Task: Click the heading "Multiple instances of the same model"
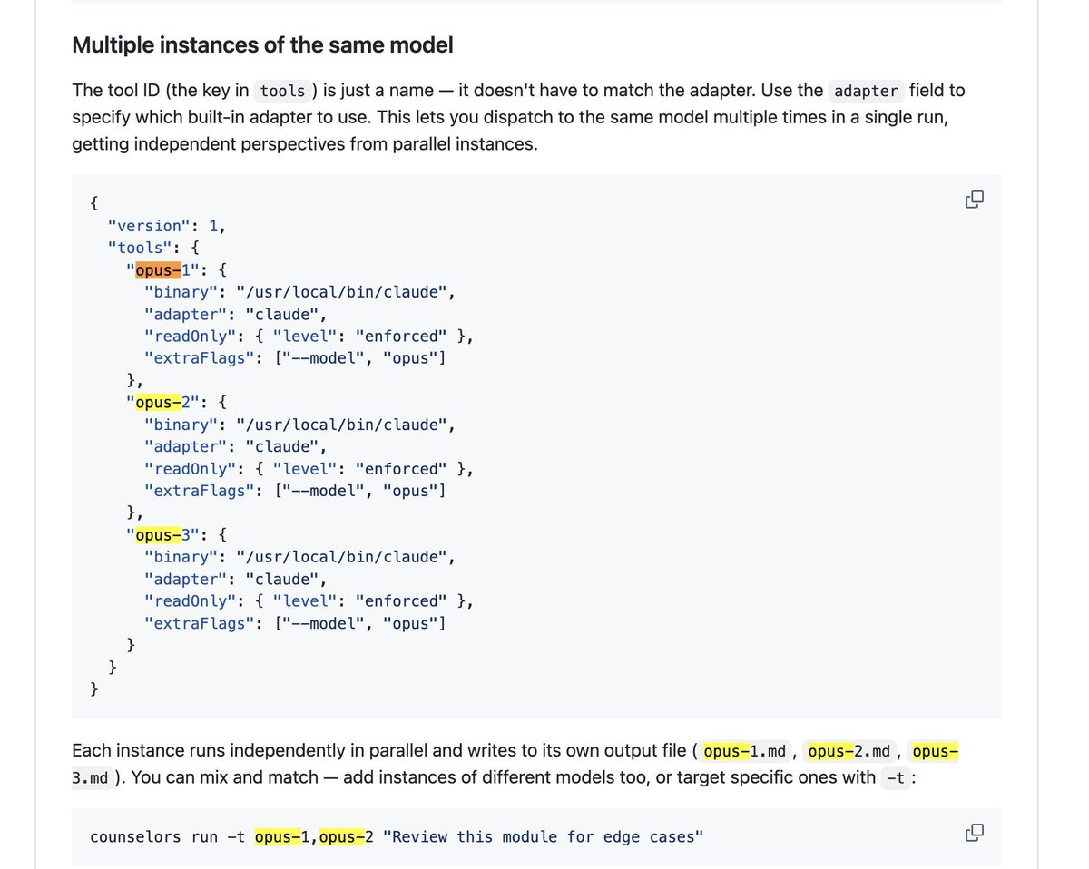(262, 45)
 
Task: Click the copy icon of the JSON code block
(975, 200)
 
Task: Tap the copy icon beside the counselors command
(975, 833)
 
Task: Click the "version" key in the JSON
(144, 226)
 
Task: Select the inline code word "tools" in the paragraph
(281, 91)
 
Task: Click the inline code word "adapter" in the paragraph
(866, 91)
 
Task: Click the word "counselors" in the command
(135, 836)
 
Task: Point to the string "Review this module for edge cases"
(543, 836)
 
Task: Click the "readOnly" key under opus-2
(191, 469)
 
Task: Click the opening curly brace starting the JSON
(94, 203)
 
